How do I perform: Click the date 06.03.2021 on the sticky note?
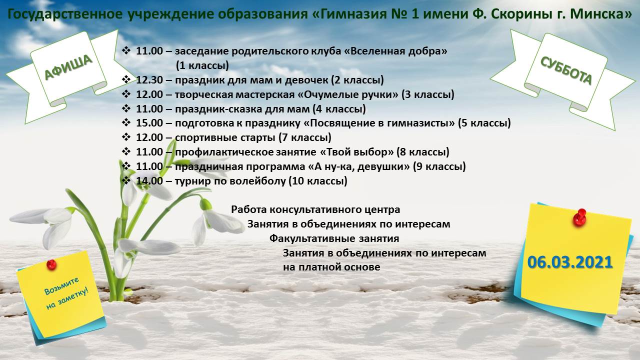569,262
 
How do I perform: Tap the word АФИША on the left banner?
68,67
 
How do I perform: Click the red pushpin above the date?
580,217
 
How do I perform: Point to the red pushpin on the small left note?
51,264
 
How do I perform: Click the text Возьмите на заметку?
66,293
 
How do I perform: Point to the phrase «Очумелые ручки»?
347,94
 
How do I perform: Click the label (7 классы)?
305,137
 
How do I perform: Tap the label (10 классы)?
318,181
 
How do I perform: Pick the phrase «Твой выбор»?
357,152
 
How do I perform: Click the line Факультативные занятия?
334,238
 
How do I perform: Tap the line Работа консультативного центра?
315,209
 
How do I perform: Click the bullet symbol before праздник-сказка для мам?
126,108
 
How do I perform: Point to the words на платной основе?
331,267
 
